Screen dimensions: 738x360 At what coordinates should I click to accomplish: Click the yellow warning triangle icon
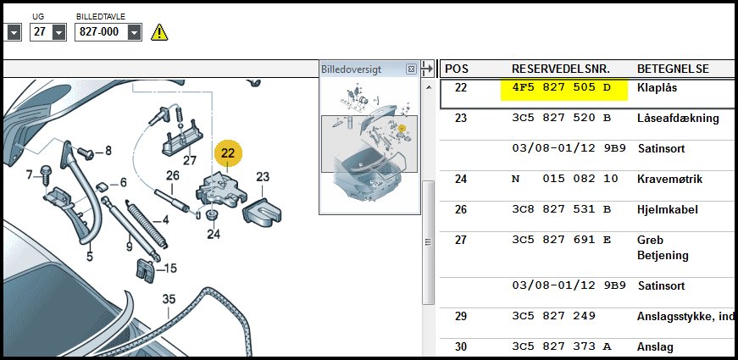(x=159, y=32)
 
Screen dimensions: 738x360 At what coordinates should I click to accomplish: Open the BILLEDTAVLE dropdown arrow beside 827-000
(x=135, y=32)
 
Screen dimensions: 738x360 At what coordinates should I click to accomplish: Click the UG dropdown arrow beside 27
(x=58, y=32)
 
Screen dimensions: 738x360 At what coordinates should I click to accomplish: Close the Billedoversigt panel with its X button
(x=411, y=69)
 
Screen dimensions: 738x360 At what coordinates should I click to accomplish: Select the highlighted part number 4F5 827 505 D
(x=563, y=88)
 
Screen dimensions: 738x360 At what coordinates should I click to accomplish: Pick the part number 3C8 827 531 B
(x=561, y=209)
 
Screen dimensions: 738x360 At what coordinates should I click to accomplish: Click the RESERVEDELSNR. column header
(x=561, y=69)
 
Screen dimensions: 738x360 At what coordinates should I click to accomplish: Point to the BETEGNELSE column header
(x=673, y=69)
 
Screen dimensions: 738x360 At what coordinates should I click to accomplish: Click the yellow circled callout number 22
(x=228, y=153)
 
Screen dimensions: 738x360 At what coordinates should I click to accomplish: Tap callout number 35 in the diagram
(x=169, y=299)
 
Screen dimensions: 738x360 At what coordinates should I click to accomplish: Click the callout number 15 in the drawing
(x=170, y=269)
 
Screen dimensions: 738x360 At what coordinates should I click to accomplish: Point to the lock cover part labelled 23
(x=262, y=211)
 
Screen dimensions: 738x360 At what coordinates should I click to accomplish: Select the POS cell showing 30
(x=461, y=346)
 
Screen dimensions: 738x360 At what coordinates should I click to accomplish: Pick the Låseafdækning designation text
(x=678, y=118)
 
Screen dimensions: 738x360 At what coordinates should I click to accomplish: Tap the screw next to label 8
(x=86, y=153)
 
